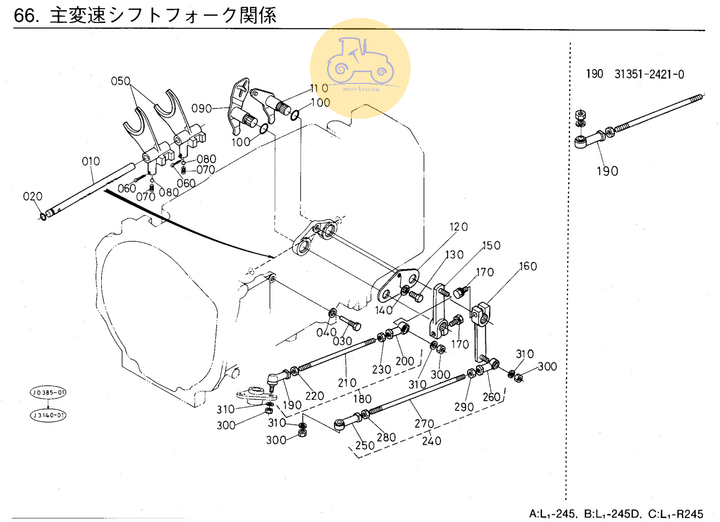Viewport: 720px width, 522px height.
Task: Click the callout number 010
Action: point(91,161)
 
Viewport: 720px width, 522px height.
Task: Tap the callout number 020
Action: point(33,197)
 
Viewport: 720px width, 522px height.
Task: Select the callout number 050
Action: point(121,81)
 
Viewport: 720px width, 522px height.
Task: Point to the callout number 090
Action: point(201,108)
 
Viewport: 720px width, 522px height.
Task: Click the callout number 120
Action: point(458,227)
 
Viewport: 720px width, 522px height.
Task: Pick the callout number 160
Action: point(528,266)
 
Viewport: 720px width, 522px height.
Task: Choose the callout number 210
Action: point(347,382)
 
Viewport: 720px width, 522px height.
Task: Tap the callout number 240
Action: point(431,441)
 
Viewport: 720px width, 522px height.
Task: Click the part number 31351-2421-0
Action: point(649,74)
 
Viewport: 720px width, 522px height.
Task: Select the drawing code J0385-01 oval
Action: point(48,393)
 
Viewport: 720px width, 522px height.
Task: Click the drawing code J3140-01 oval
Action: point(48,415)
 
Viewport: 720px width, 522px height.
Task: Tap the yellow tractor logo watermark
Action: point(360,68)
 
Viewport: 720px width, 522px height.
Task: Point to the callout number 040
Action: point(326,332)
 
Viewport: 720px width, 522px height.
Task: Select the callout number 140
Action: point(384,310)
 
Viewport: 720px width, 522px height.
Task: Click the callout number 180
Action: point(362,399)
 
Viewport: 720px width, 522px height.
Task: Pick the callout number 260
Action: point(492,397)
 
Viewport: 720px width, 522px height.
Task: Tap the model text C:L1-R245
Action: point(676,513)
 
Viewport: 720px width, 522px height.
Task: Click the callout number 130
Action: point(454,254)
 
